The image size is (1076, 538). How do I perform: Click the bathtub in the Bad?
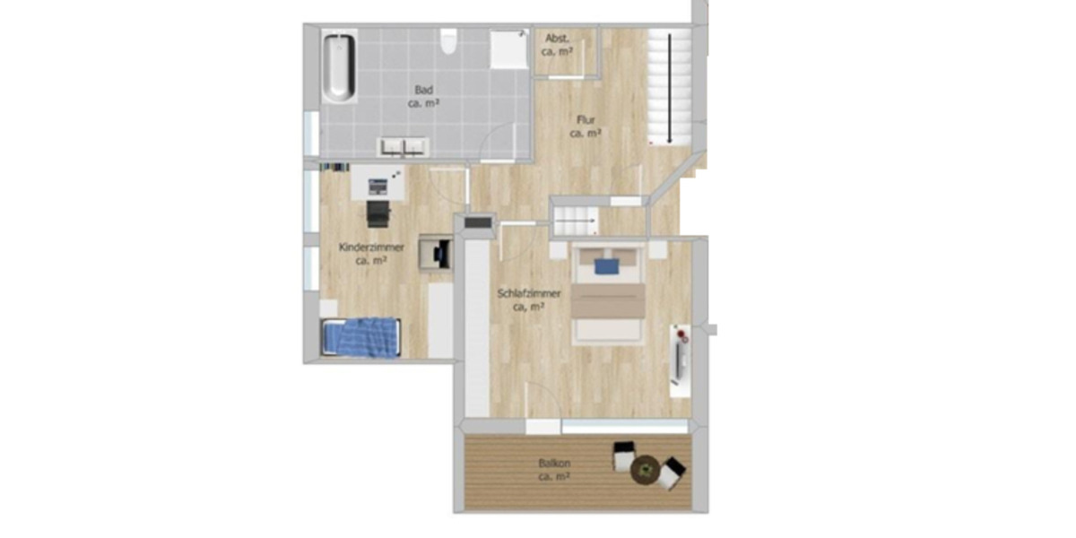(x=340, y=67)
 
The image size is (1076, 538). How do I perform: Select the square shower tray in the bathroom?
(x=508, y=49)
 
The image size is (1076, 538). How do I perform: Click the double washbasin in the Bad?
(x=405, y=146)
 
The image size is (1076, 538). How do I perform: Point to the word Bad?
(x=423, y=90)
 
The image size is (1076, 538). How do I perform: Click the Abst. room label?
(x=556, y=39)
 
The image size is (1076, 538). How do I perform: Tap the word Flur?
(x=586, y=119)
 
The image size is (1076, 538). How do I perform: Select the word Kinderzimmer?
(x=371, y=247)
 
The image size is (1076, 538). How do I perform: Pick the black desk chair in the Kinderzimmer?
(x=378, y=213)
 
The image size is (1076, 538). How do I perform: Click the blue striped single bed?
(x=360, y=338)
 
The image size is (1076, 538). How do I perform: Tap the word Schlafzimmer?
(x=529, y=293)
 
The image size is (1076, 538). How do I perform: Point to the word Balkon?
(x=556, y=464)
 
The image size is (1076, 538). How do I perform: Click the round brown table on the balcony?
(x=645, y=469)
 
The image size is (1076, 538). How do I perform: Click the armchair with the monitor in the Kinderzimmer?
(x=438, y=254)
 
